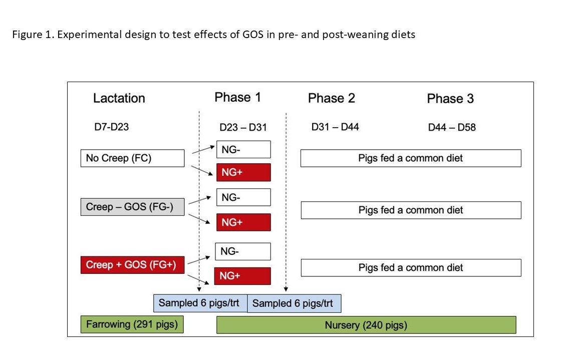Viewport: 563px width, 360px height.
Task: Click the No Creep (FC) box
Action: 133,158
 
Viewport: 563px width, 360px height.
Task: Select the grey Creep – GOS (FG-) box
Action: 133,207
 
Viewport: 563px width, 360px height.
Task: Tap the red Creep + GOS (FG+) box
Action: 133,265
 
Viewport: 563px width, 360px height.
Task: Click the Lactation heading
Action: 119,98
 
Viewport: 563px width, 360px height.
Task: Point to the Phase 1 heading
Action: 238,97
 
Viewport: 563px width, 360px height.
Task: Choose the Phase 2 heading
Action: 332,98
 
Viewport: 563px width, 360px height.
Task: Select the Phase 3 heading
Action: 450,99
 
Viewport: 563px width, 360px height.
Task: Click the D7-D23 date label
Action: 112,127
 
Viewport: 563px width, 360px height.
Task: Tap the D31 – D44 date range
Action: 335,127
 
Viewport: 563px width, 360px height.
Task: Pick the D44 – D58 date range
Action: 452,127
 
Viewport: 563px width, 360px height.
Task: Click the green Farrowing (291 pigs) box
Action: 132,324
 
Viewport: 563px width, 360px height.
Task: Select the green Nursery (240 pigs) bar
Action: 366,325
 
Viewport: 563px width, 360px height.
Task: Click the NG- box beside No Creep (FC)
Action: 243,149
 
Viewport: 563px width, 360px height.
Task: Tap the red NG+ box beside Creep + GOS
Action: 242,276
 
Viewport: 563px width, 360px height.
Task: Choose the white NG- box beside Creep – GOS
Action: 243,197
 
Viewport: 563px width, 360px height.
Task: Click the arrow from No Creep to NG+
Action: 202,171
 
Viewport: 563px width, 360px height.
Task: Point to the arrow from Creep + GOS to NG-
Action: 199,260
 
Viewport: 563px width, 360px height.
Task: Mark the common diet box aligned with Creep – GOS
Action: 411,210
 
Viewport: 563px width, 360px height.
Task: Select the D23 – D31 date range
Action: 243,127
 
